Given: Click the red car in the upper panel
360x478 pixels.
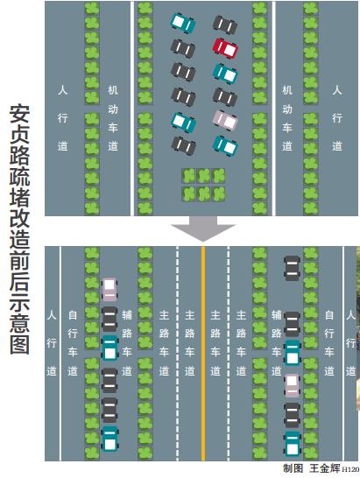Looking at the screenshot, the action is [225, 48].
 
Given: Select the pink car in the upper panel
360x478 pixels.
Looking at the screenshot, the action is [225, 120].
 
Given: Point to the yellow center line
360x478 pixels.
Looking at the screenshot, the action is [203, 354].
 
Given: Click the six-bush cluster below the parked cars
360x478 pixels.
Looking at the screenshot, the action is [203, 185].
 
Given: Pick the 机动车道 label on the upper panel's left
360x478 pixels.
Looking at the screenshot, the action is [113, 118].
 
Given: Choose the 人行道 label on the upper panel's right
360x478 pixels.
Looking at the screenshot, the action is [337, 118].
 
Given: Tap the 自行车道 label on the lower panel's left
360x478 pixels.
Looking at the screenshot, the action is [73, 343].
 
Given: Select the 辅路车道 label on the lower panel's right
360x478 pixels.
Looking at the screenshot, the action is [277, 343].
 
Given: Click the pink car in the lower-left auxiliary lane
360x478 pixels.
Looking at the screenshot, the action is [109, 289].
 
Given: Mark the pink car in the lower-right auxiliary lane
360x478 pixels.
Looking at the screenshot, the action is [292, 385].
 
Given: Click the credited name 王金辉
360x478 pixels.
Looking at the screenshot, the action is [325, 468].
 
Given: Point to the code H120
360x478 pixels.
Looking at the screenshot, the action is [350, 469].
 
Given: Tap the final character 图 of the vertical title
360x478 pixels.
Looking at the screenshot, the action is [20, 344].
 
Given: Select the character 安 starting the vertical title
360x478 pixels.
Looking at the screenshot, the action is [20, 114].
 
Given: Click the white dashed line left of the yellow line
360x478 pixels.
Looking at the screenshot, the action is [177, 354].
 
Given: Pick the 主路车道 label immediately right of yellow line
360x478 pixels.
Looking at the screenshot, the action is [215, 343].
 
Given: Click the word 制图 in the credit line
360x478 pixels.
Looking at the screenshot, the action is [293, 468].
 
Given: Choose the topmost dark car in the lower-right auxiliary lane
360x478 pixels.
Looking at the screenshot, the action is [292, 268].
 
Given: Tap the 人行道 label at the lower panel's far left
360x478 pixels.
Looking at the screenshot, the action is [52, 343].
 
